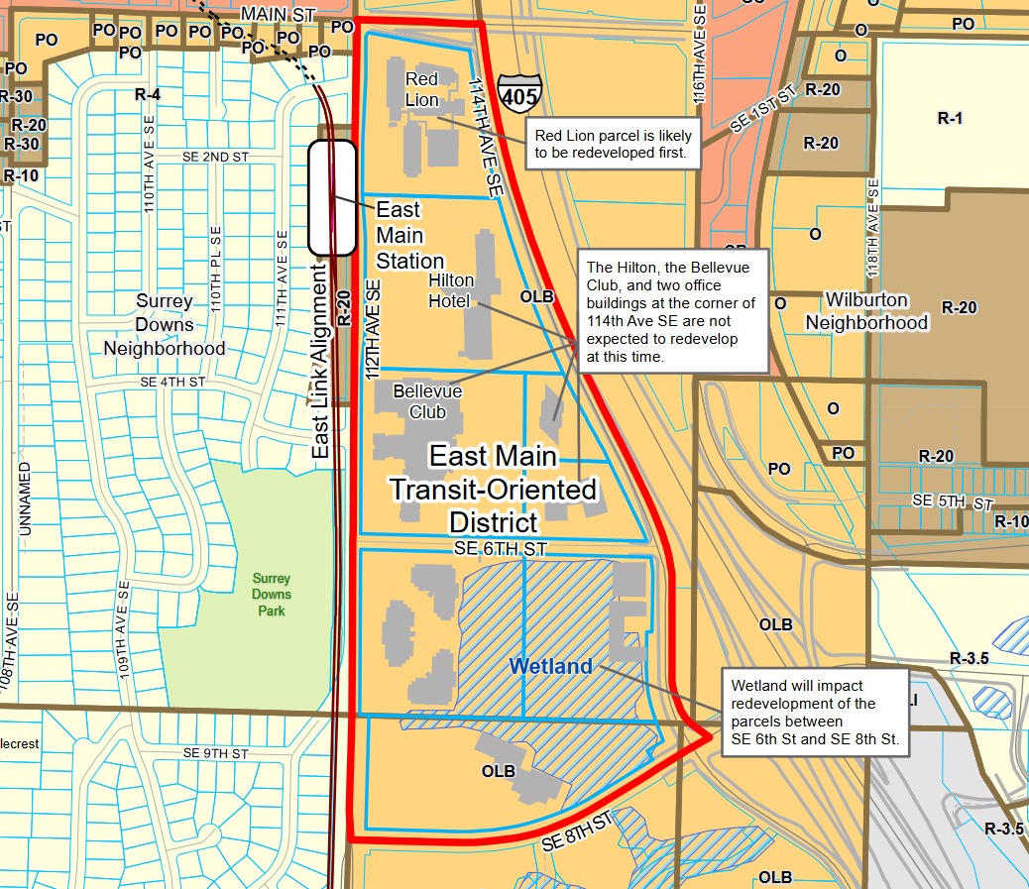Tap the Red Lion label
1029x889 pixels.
pos(421,89)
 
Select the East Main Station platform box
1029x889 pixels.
pos(332,197)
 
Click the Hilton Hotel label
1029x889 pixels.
pos(449,289)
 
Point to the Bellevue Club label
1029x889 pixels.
pos(427,401)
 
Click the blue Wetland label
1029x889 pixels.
pos(550,667)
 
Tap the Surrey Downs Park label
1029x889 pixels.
pos(271,595)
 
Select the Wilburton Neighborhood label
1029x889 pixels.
pos(866,311)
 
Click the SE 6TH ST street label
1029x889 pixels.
pos(501,548)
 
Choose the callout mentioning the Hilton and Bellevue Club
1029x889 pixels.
pos(673,311)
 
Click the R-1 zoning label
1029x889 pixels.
pos(950,118)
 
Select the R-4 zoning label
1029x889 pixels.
pos(148,94)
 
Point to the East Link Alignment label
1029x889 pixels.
pos(320,361)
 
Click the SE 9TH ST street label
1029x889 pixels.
pos(214,753)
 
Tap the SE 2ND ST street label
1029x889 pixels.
pos(215,157)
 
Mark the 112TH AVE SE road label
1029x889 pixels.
pos(373,323)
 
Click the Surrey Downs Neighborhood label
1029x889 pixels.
pos(165,324)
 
